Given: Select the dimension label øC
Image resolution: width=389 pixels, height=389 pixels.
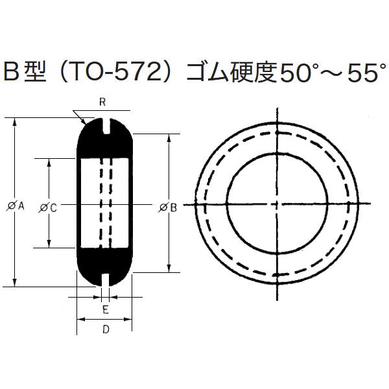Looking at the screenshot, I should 49,207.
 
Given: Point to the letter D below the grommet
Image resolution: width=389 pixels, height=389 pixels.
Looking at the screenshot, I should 106,329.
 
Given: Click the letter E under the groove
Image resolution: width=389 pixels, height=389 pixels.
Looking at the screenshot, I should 105,309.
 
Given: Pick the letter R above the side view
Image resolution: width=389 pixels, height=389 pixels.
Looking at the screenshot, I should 102,102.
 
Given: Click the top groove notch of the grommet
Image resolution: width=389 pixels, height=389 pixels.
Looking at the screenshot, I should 105,126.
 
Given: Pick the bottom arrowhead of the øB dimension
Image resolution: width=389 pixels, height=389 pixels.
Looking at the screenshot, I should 170,268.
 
